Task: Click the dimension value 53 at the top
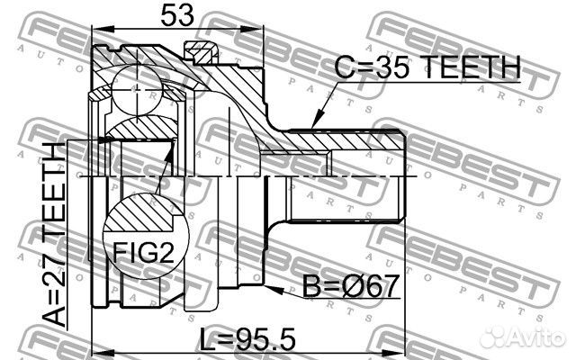tap(177, 15)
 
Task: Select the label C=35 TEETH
tap(427, 67)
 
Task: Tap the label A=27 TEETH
tap(54, 234)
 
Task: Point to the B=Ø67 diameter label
tap(350, 286)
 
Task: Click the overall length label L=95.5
tap(247, 339)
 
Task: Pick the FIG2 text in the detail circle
tap(143, 252)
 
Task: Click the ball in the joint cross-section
tap(137, 89)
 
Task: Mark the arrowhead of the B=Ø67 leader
tap(274, 290)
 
